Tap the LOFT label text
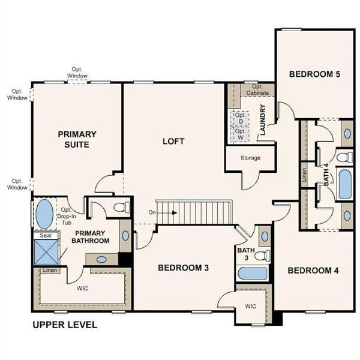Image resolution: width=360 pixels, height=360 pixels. [173, 142]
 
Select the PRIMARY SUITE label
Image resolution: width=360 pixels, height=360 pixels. [77, 139]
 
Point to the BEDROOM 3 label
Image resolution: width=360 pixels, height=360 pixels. [183, 268]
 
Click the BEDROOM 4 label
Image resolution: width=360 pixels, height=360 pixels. [313, 271]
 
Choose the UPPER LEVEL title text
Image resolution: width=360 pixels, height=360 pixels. [64, 325]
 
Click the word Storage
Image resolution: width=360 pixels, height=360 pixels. [250, 158]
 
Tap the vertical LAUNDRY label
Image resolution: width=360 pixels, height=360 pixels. [262, 121]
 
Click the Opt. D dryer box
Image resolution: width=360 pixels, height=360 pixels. [240, 118]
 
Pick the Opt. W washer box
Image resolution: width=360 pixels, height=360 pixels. [240, 134]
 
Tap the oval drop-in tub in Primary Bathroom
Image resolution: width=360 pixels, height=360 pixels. [45, 214]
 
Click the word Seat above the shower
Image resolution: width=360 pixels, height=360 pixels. [45, 236]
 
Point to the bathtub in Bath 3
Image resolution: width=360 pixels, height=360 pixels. [252, 274]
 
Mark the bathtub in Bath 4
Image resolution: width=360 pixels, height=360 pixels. [344, 185]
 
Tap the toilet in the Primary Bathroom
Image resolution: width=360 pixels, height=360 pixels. [121, 208]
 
